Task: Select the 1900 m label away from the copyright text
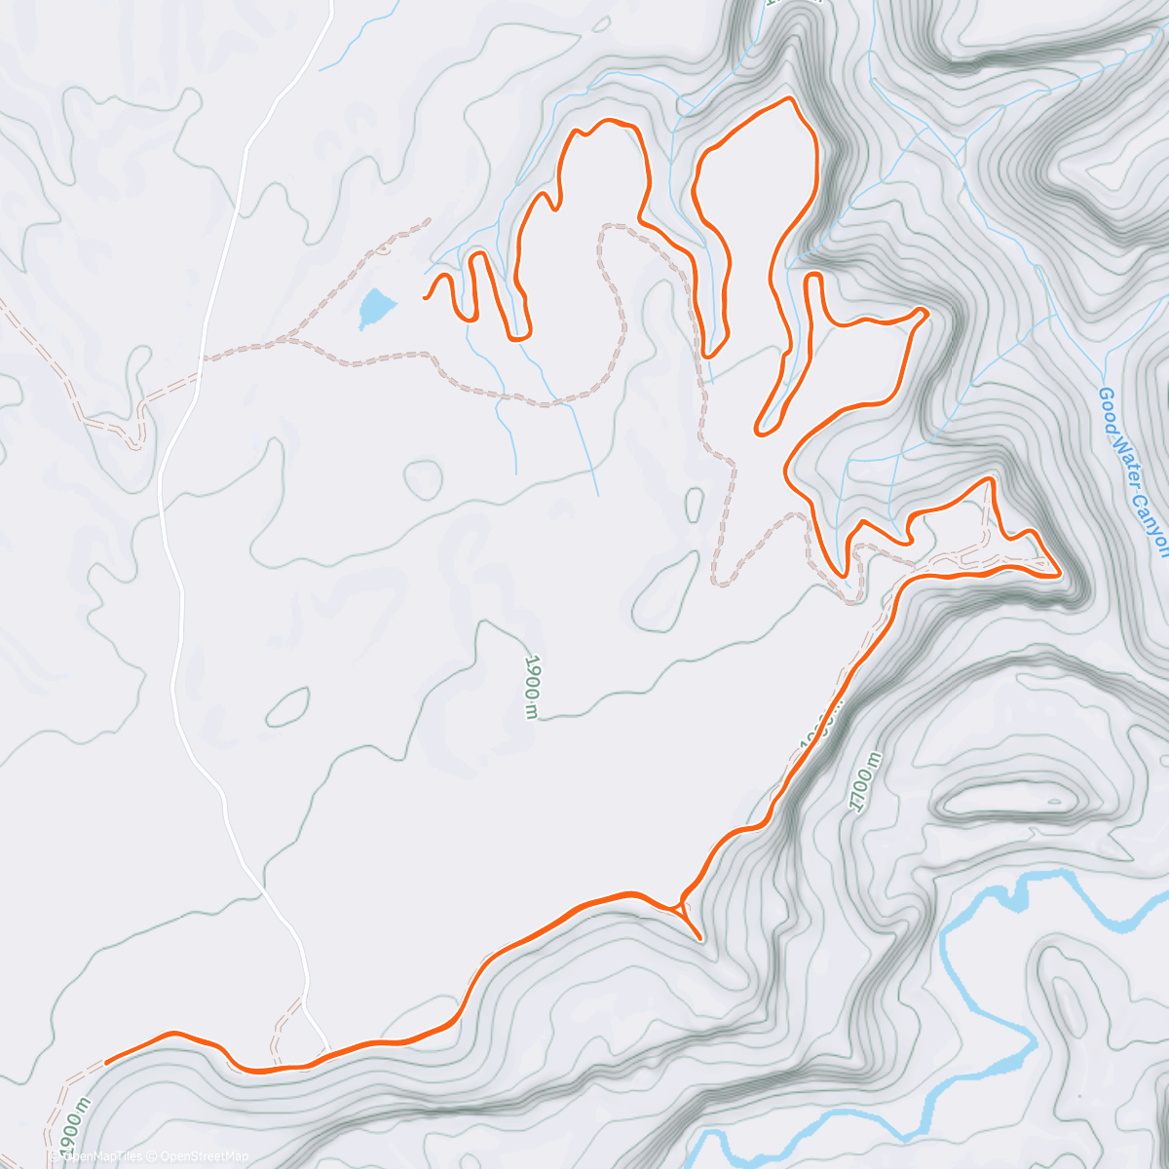(531, 686)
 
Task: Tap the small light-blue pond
(376, 308)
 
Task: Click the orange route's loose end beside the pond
(425, 296)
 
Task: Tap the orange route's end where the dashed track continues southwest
(105, 1062)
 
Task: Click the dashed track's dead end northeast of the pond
(429, 220)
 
